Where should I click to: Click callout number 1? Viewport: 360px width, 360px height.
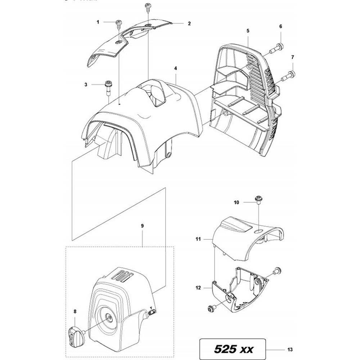(98, 22)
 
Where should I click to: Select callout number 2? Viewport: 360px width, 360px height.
(189, 23)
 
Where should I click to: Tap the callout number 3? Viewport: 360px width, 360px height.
(86, 85)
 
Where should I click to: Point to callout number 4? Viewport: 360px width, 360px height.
(175, 68)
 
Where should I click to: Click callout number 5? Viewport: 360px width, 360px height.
(248, 31)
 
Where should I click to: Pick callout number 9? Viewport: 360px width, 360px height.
(143, 226)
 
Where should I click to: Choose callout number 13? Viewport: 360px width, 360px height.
(291, 349)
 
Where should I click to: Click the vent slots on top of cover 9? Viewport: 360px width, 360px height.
(121, 275)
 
